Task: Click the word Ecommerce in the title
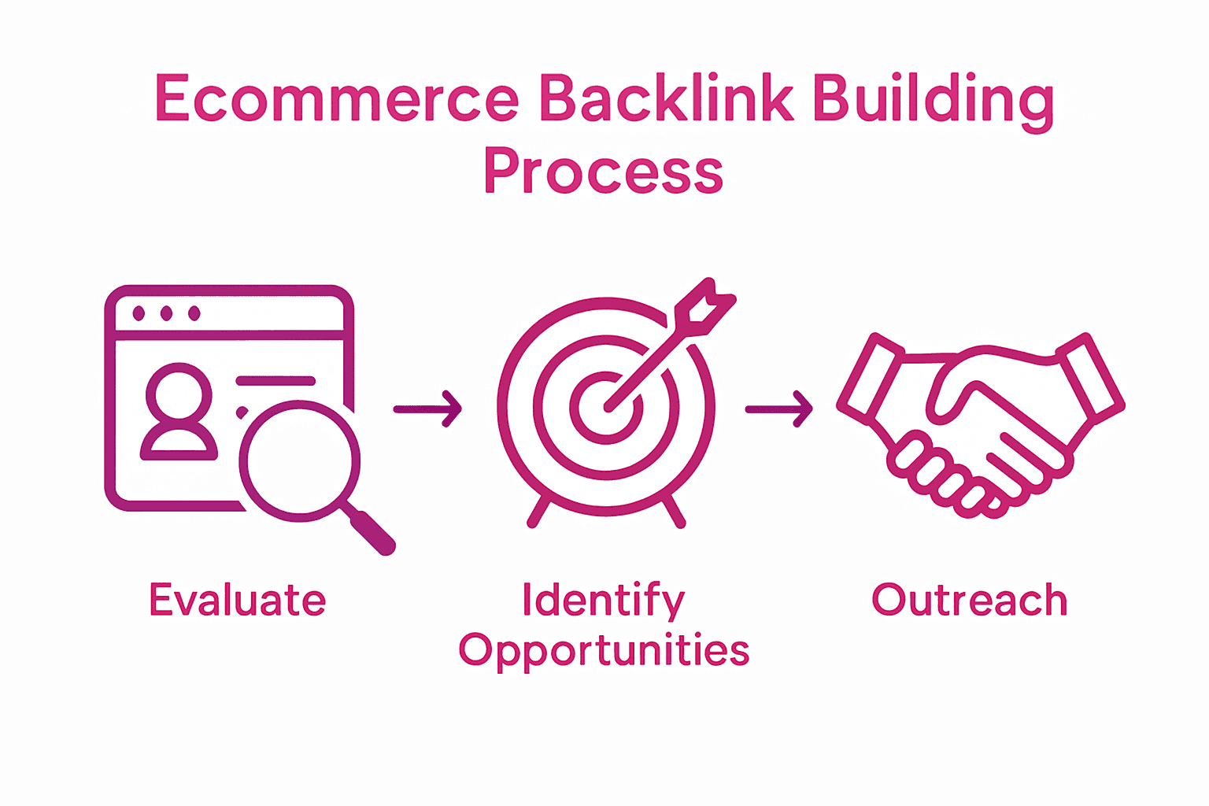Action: click(337, 98)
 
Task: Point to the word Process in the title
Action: click(603, 171)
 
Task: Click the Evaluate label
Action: click(238, 601)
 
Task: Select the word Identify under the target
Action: click(603, 601)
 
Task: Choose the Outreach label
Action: click(969, 601)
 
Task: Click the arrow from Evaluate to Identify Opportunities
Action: click(427, 409)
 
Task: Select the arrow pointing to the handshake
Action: click(778, 409)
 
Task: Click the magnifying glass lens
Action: click(299, 460)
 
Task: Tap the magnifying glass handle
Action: click(372, 532)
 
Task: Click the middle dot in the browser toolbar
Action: click(166, 314)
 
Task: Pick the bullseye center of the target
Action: click(606, 409)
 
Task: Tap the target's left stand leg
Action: click(538, 512)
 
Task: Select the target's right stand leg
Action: click(675, 512)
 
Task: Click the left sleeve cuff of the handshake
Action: click(870, 375)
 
